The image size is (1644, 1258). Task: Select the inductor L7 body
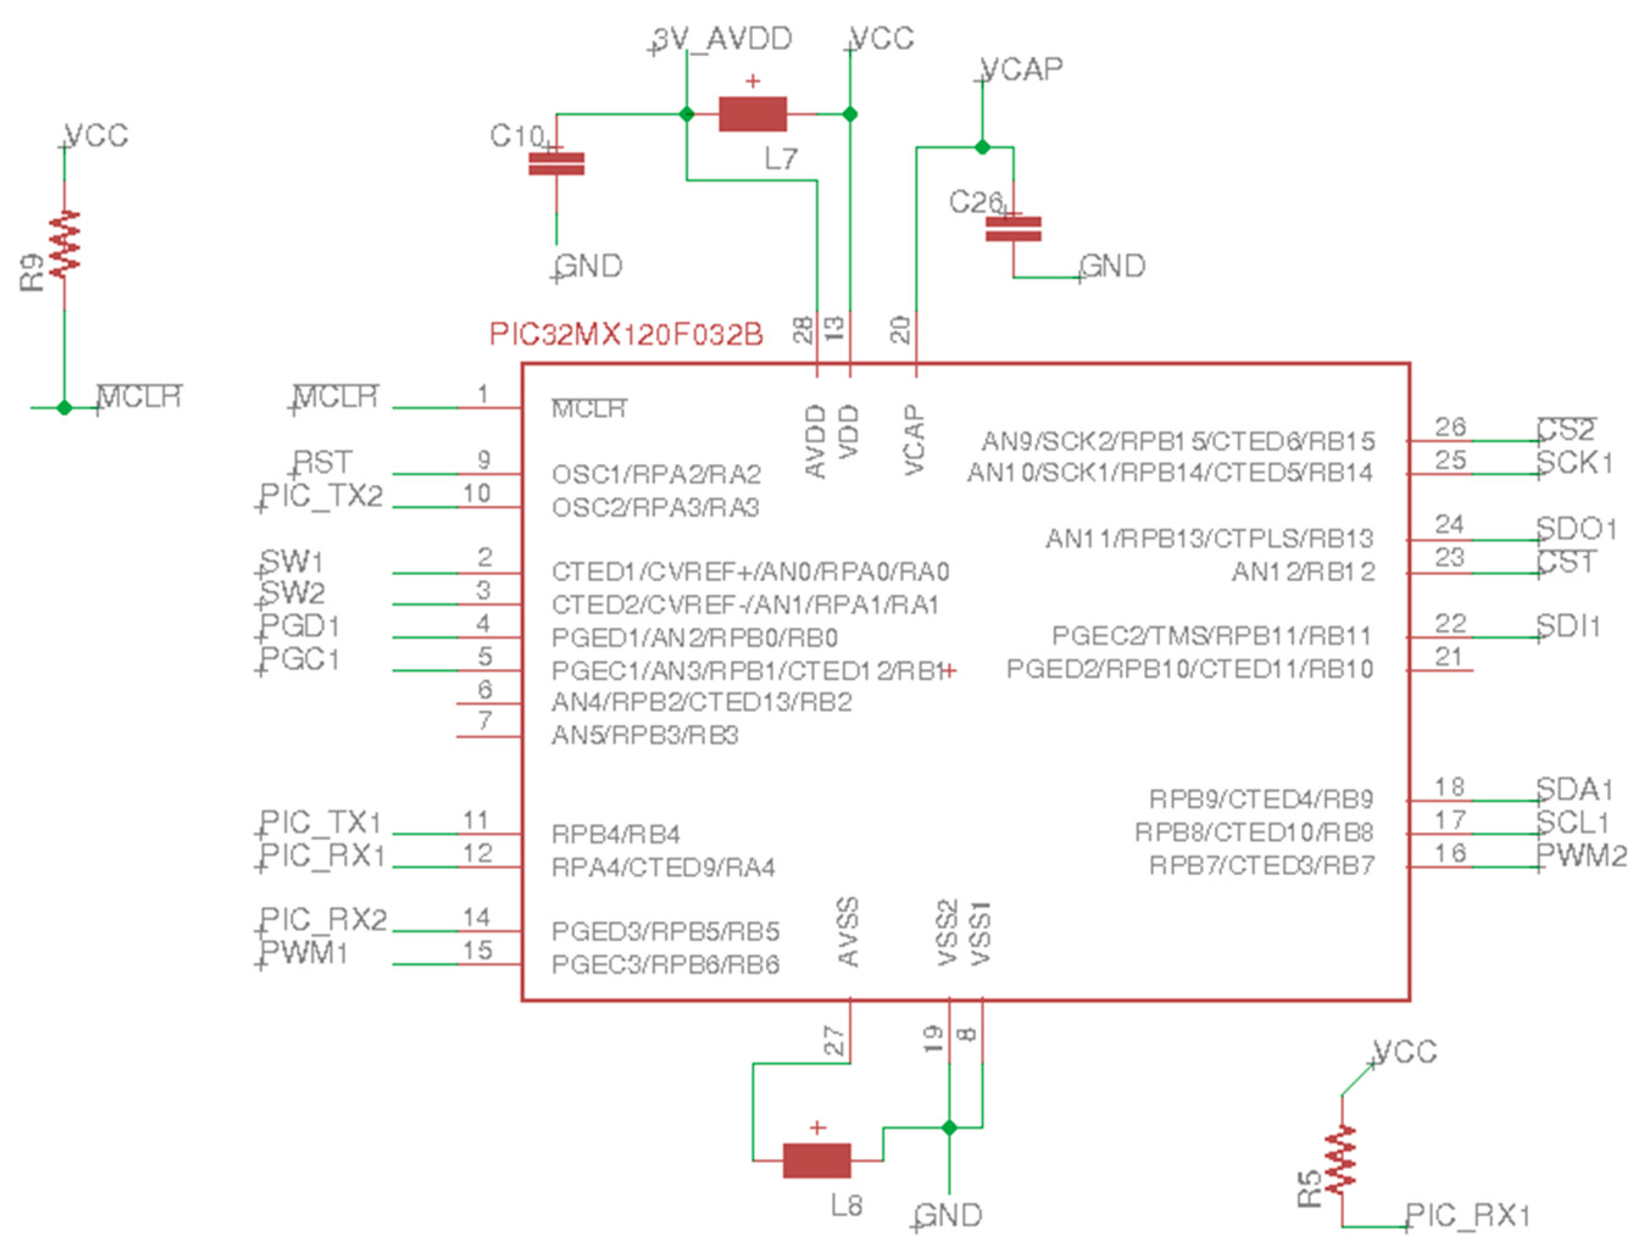pos(752,115)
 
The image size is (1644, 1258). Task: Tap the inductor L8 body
pos(816,1160)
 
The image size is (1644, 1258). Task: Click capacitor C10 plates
pos(556,164)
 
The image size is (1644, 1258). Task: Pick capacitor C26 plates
pos(1012,229)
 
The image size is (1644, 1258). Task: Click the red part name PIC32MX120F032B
pos(625,335)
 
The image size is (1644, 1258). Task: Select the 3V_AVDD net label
pos(721,39)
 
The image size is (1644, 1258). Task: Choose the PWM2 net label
pos(1581,855)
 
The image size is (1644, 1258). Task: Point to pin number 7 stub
pos(488,737)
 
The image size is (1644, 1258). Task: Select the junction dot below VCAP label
pos(982,147)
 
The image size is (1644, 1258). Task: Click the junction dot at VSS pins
pos(949,1128)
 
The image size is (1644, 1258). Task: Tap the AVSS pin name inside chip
pos(847,933)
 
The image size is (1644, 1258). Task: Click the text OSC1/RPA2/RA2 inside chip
pos(656,474)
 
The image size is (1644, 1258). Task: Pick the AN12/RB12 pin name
pos(1303,572)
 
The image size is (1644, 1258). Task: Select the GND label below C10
pos(589,266)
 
